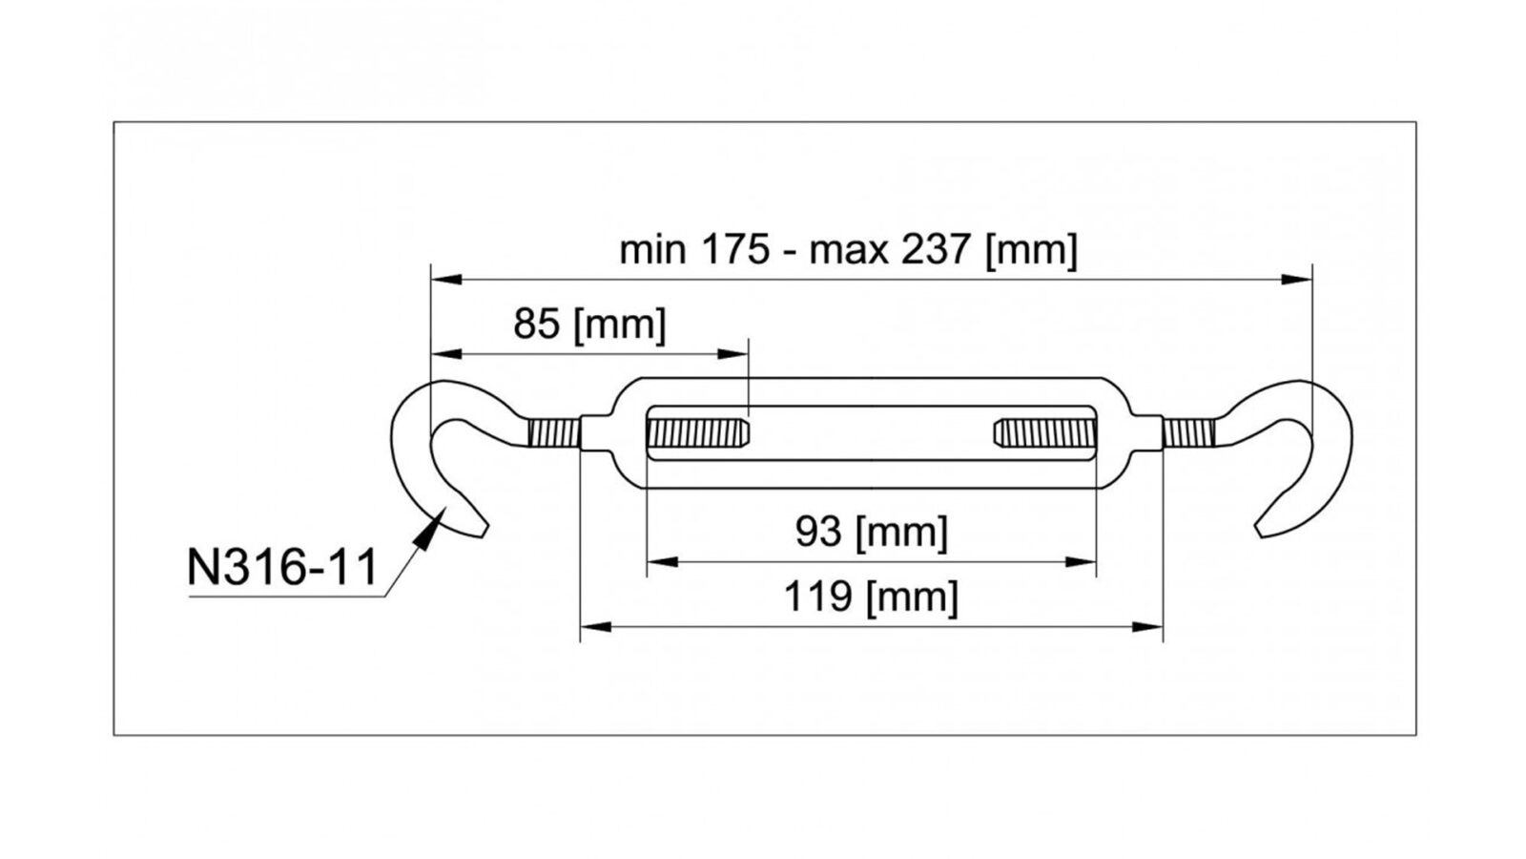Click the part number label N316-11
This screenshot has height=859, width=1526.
click(x=282, y=567)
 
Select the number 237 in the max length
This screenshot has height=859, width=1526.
click(x=936, y=249)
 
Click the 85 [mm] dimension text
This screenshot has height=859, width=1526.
click(x=589, y=324)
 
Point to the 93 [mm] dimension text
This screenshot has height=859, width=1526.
click(x=872, y=532)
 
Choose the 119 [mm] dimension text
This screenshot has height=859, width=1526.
click(x=872, y=597)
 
